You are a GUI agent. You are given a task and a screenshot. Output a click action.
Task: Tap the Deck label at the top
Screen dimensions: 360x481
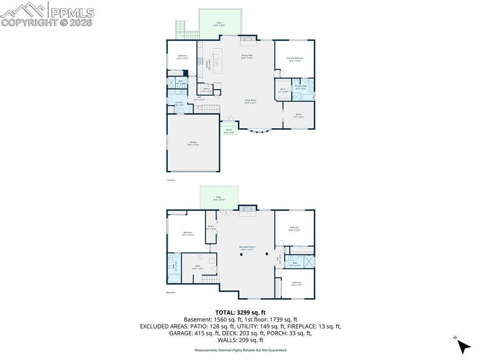(x=219, y=23)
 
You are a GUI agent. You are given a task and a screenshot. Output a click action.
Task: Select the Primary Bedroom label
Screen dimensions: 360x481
(x=295, y=59)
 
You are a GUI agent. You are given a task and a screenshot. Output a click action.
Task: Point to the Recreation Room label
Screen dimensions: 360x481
(x=247, y=248)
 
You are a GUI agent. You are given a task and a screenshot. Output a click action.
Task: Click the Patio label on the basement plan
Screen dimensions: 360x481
(x=219, y=198)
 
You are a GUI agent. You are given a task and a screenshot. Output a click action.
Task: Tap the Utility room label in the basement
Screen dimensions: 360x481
(x=198, y=267)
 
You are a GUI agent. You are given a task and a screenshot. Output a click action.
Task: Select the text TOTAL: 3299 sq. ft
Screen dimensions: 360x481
(x=240, y=312)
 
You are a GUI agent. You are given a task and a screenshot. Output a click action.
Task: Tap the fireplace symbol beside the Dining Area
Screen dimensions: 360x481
(x=248, y=41)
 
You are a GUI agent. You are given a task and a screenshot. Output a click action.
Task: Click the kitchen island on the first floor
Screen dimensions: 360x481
(x=216, y=60)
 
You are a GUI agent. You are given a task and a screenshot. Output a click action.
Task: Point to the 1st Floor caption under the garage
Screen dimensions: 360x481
(x=171, y=180)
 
